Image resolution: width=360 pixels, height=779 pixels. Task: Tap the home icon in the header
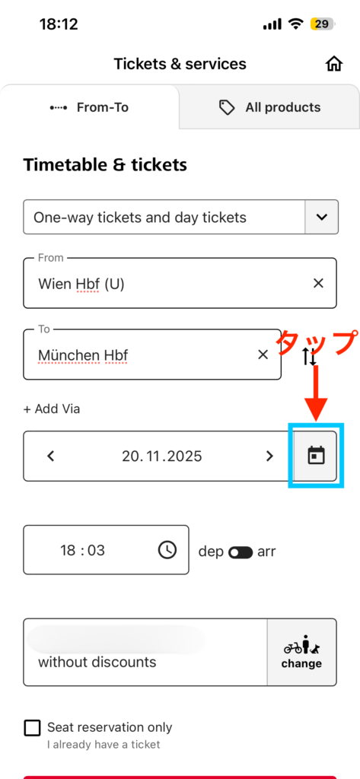(334, 64)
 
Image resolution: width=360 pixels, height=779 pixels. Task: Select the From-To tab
(90, 107)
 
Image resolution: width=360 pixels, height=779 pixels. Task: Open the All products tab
(269, 107)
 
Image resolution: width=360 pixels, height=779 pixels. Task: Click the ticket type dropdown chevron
(322, 217)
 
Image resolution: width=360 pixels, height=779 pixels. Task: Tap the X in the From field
(318, 283)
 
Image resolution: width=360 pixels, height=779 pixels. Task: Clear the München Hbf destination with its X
(263, 355)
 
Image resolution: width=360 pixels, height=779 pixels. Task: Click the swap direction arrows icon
(309, 357)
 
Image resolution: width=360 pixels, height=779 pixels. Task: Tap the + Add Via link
(52, 409)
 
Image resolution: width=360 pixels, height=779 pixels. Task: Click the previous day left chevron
(50, 456)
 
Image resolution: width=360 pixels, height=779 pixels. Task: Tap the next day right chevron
(269, 456)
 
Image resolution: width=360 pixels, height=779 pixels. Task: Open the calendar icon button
(316, 456)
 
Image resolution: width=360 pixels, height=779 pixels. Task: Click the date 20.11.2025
(162, 456)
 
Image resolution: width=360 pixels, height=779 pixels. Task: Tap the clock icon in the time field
(167, 550)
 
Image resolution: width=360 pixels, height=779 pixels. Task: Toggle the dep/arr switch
(241, 552)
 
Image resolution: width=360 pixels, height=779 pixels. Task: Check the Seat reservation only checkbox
(32, 728)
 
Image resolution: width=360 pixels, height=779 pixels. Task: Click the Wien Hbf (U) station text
(81, 285)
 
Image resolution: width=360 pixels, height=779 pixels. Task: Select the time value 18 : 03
(82, 551)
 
